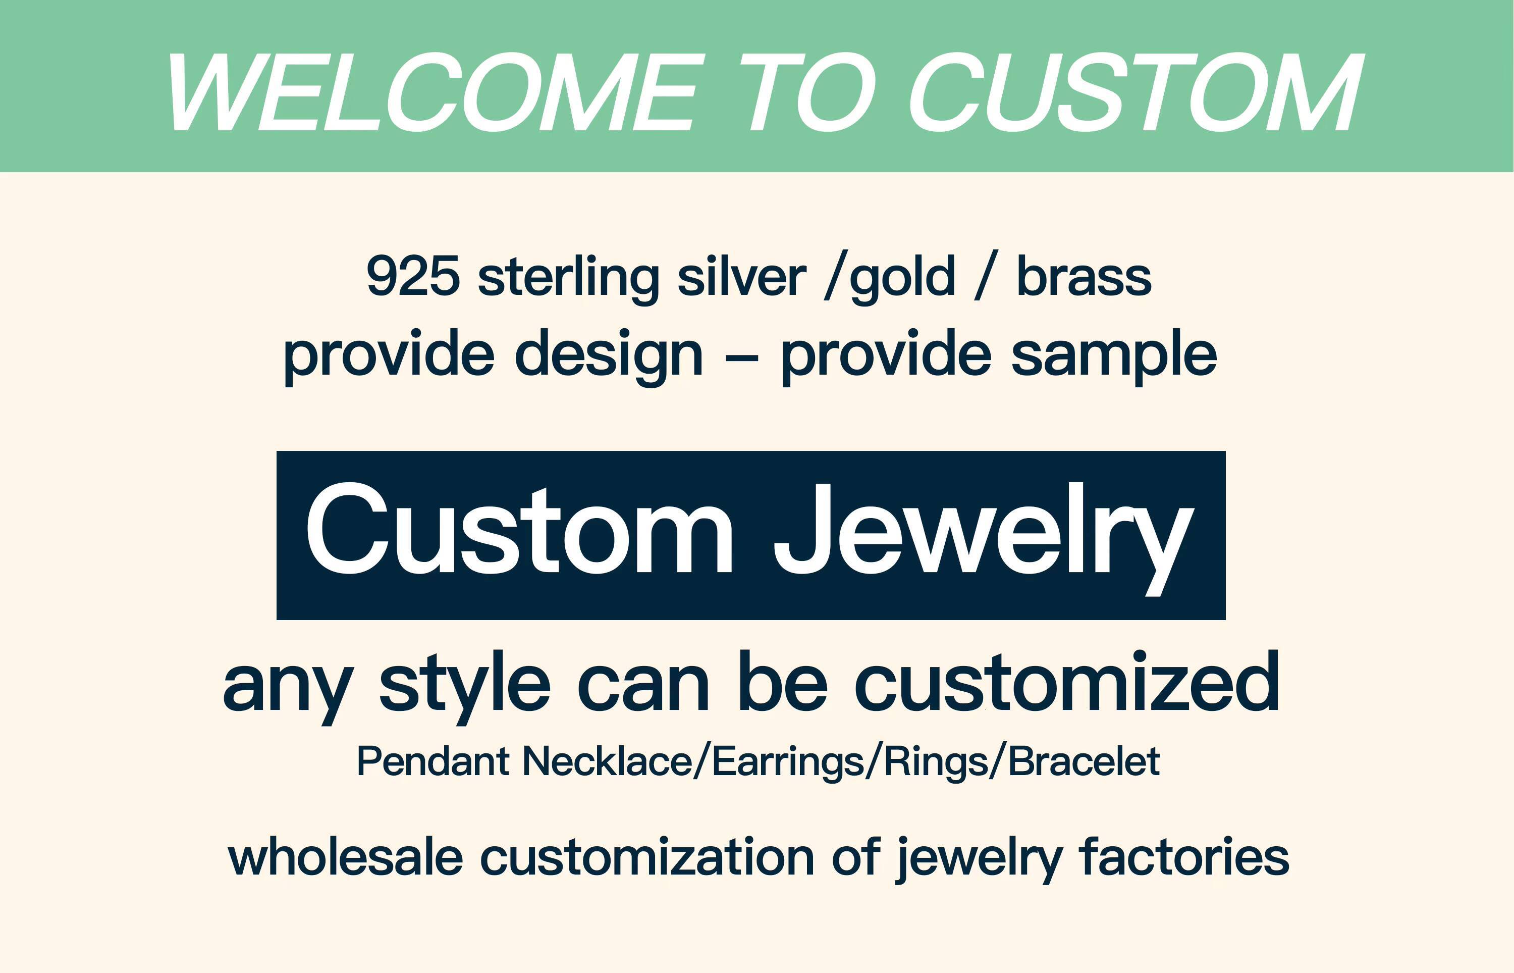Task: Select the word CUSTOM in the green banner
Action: pos(1133,93)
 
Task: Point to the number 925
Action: pos(413,277)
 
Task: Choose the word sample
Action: pos(1114,355)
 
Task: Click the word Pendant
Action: pos(433,761)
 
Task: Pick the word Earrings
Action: pos(788,762)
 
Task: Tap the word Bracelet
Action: pos(1084,761)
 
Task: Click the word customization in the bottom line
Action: pos(647,857)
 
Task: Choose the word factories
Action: pos(1184,857)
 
